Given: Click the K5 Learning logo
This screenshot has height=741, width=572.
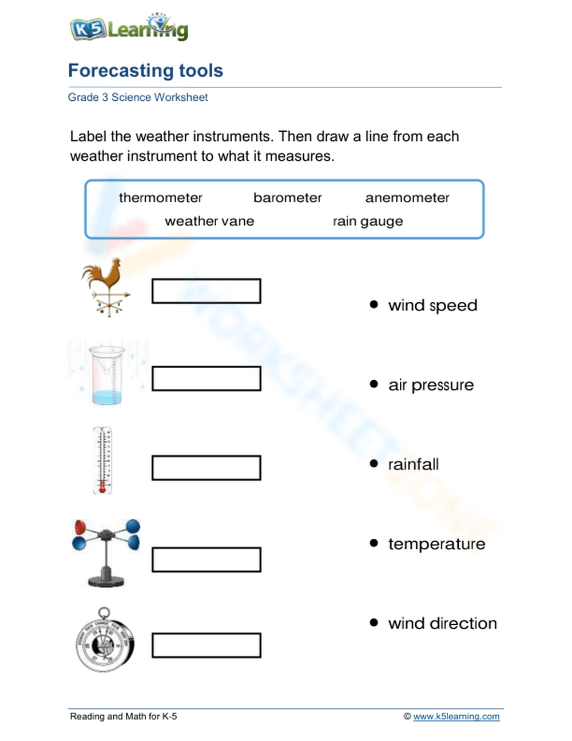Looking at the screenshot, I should pyautogui.click(x=129, y=28).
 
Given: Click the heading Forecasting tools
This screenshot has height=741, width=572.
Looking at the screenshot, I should pyautogui.click(x=145, y=70).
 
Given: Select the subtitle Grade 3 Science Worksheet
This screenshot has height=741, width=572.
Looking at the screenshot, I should pyautogui.click(x=137, y=97).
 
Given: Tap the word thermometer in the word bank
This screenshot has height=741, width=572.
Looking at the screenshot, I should pyautogui.click(x=160, y=198).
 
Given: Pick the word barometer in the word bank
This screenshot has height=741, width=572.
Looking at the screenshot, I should pyautogui.click(x=287, y=198).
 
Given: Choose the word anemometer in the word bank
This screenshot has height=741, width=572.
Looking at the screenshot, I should pyautogui.click(x=407, y=198).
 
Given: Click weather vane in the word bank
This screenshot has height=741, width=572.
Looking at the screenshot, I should pyautogui.click(x=209, y=222).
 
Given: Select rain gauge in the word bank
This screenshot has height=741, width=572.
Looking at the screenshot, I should pyautogui.click(x=368, y=222).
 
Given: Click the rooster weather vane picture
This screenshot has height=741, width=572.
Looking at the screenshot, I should pyautogui.click(x=106, y=286).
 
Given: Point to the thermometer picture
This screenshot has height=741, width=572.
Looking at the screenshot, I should pyautogui.click(x=102, y=460).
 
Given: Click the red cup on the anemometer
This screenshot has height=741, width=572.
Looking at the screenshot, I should pyautogui.click(x=80, y=527).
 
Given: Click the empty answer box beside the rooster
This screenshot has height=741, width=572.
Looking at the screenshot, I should pyautogui.click(x=206, y=291).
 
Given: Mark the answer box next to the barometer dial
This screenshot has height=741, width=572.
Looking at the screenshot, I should pyautogui.click(x=206, y=645).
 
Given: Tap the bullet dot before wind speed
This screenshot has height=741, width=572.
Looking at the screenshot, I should pyautogui.click(x=374, y=305).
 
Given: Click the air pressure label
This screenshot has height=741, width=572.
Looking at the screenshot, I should pyautogui.click(x=431, y=385).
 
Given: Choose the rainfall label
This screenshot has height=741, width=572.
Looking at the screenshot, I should pyautogui.click(x=413, y=464).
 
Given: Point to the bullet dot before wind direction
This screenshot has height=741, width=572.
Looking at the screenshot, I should pyautogui.click(x=374, y=622).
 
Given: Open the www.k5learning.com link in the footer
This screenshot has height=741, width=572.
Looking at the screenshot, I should pyautogui.click(x=456, y=716).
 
